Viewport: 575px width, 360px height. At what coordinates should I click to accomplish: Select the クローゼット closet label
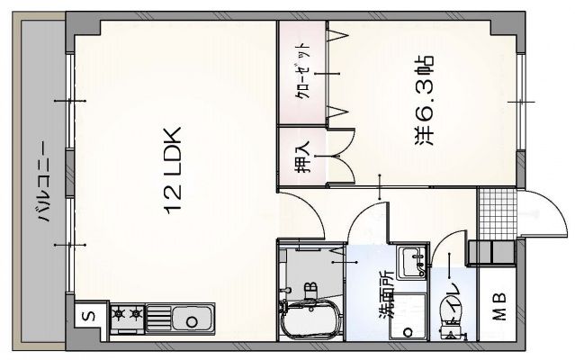[x=303, y=72]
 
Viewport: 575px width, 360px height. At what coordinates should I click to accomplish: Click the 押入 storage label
[x=302, y=158]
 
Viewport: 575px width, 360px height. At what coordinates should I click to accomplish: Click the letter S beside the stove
[x=88, y=316]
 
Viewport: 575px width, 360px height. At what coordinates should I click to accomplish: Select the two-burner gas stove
[x=127, y=316]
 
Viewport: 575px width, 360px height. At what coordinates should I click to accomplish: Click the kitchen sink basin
[x=191, y=317]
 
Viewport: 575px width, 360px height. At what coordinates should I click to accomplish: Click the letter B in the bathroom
[x=310, y=288]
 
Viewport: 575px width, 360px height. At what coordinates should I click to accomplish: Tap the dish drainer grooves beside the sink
[x=157, y=316]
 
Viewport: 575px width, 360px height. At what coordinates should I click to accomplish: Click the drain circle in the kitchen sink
[x=193, y=318]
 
